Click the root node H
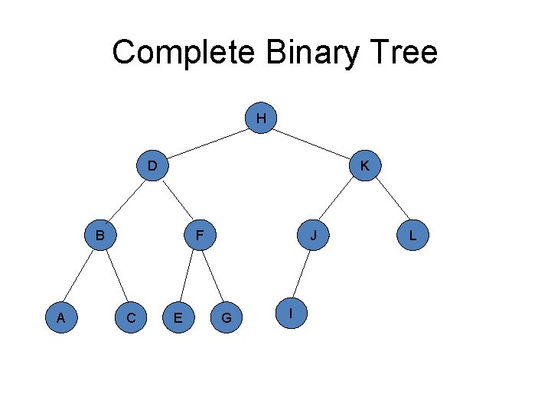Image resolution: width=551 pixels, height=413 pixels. (x=262, y=119)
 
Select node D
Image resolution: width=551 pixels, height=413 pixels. (x=152, y=165)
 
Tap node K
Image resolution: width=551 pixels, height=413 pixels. (x=365, y=165)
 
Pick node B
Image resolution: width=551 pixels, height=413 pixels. (x=99, y=234)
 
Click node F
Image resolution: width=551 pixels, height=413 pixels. (x=198, y=234)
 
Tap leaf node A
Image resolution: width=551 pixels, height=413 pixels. (x=60, y=316)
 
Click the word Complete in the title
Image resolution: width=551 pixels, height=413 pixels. (x=183, y=53)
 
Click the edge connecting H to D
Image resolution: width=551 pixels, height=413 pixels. (x=207, y=141)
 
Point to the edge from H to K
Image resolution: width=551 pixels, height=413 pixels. (x=313, y=141)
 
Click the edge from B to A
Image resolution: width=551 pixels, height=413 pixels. (x=80, y=275)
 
